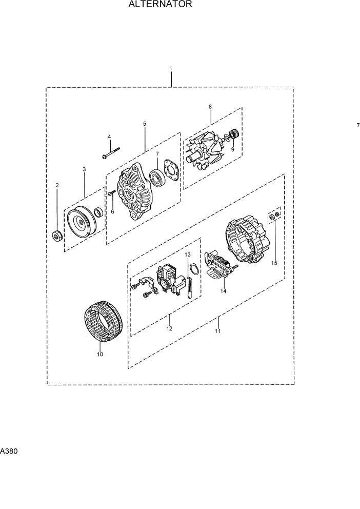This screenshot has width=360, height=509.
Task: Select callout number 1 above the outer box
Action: (171, 68)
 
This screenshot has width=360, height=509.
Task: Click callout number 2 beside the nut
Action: (57, 185)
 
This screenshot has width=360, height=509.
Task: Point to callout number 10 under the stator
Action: (99, 354)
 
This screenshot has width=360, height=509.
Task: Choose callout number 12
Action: (169, 328)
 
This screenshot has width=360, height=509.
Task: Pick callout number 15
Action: (274, 263)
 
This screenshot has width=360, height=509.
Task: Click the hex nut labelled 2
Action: (57, 236)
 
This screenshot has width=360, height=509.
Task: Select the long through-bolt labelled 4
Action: (110, 153)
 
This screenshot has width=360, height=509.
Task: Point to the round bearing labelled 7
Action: (156, 179)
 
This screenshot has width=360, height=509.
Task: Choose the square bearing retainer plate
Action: (171, 172)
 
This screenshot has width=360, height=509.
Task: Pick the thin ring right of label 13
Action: (194, 269)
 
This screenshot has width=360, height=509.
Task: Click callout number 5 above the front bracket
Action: (145, 124)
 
